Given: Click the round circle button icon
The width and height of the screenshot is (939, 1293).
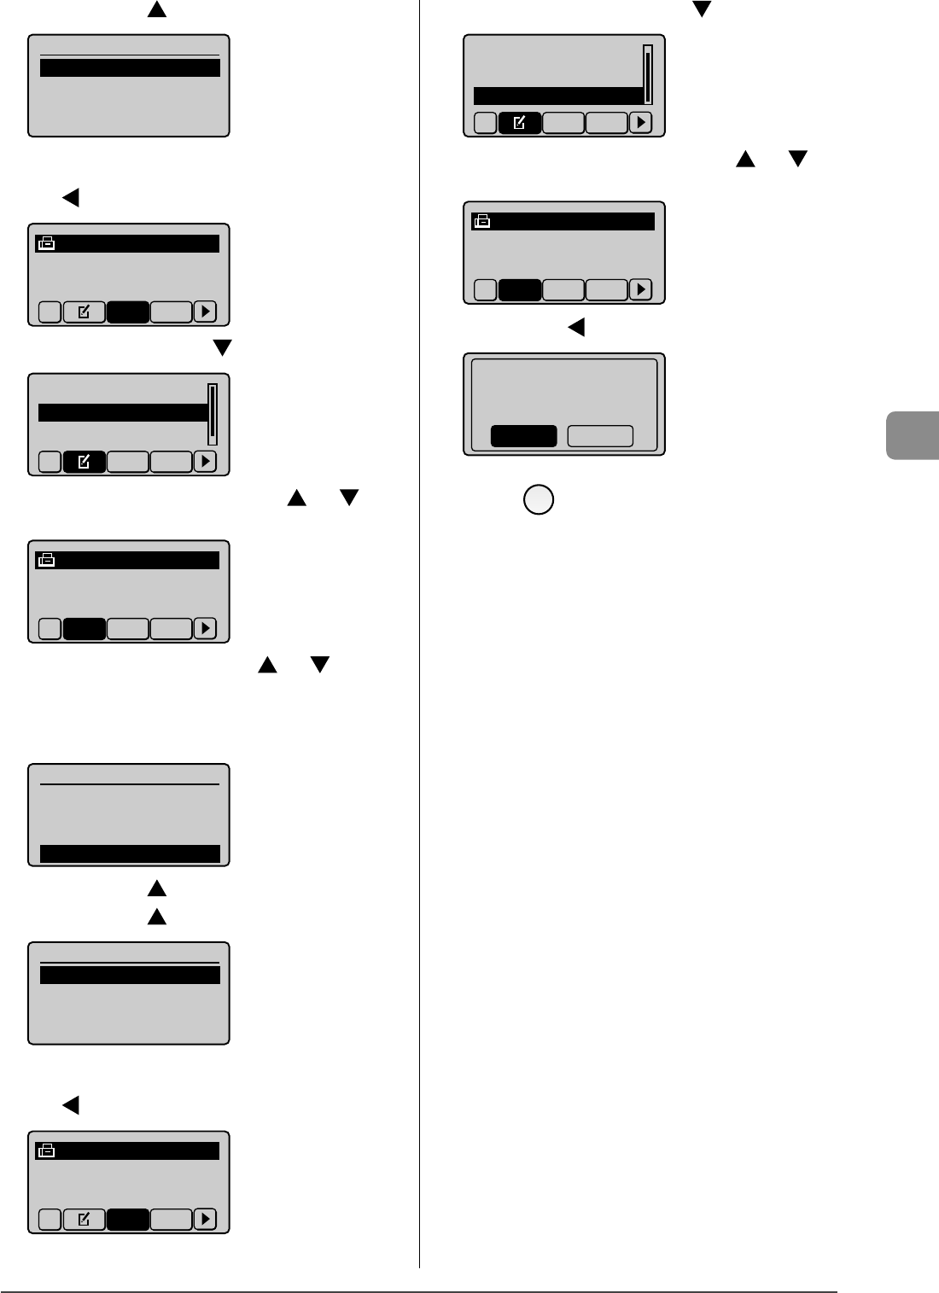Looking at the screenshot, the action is coord(539,499).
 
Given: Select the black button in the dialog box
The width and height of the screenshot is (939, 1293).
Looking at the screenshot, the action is coord(523,436).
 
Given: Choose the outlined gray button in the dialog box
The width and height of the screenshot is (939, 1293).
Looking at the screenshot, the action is coord(600,436).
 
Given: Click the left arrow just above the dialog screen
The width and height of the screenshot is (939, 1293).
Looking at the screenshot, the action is coord(577,326).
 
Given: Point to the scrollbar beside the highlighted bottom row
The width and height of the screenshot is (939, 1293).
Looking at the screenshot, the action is coord(648,74).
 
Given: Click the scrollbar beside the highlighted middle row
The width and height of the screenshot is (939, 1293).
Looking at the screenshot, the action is coord(213,414).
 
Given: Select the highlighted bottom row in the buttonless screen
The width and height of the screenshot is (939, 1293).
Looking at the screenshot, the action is coord(130,853).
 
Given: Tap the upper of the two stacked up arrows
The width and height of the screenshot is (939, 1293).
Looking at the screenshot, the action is coord(156,888).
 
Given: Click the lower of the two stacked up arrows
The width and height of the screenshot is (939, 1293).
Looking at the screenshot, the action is coord(156,917).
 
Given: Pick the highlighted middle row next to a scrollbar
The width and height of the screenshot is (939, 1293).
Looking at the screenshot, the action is coord(123,413).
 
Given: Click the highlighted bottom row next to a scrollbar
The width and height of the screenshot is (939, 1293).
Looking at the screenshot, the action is coord(558,96).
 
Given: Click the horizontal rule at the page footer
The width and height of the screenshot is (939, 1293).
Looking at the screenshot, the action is coord(418,1291).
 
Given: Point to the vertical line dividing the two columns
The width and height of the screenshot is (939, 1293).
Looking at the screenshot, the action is coord(419,632).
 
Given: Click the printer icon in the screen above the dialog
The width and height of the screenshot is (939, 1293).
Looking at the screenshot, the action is coord(482,222).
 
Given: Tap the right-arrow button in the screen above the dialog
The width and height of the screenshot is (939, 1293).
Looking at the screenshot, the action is coord(640,290).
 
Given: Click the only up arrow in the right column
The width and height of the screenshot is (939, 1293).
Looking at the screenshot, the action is coord(746,159).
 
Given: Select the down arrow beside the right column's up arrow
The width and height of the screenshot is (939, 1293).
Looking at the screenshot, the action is coord(797,159).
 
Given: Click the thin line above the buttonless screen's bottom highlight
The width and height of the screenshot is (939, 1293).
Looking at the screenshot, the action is coord(130,783).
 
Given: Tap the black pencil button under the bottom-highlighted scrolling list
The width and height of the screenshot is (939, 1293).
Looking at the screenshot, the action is coord(519,124).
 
